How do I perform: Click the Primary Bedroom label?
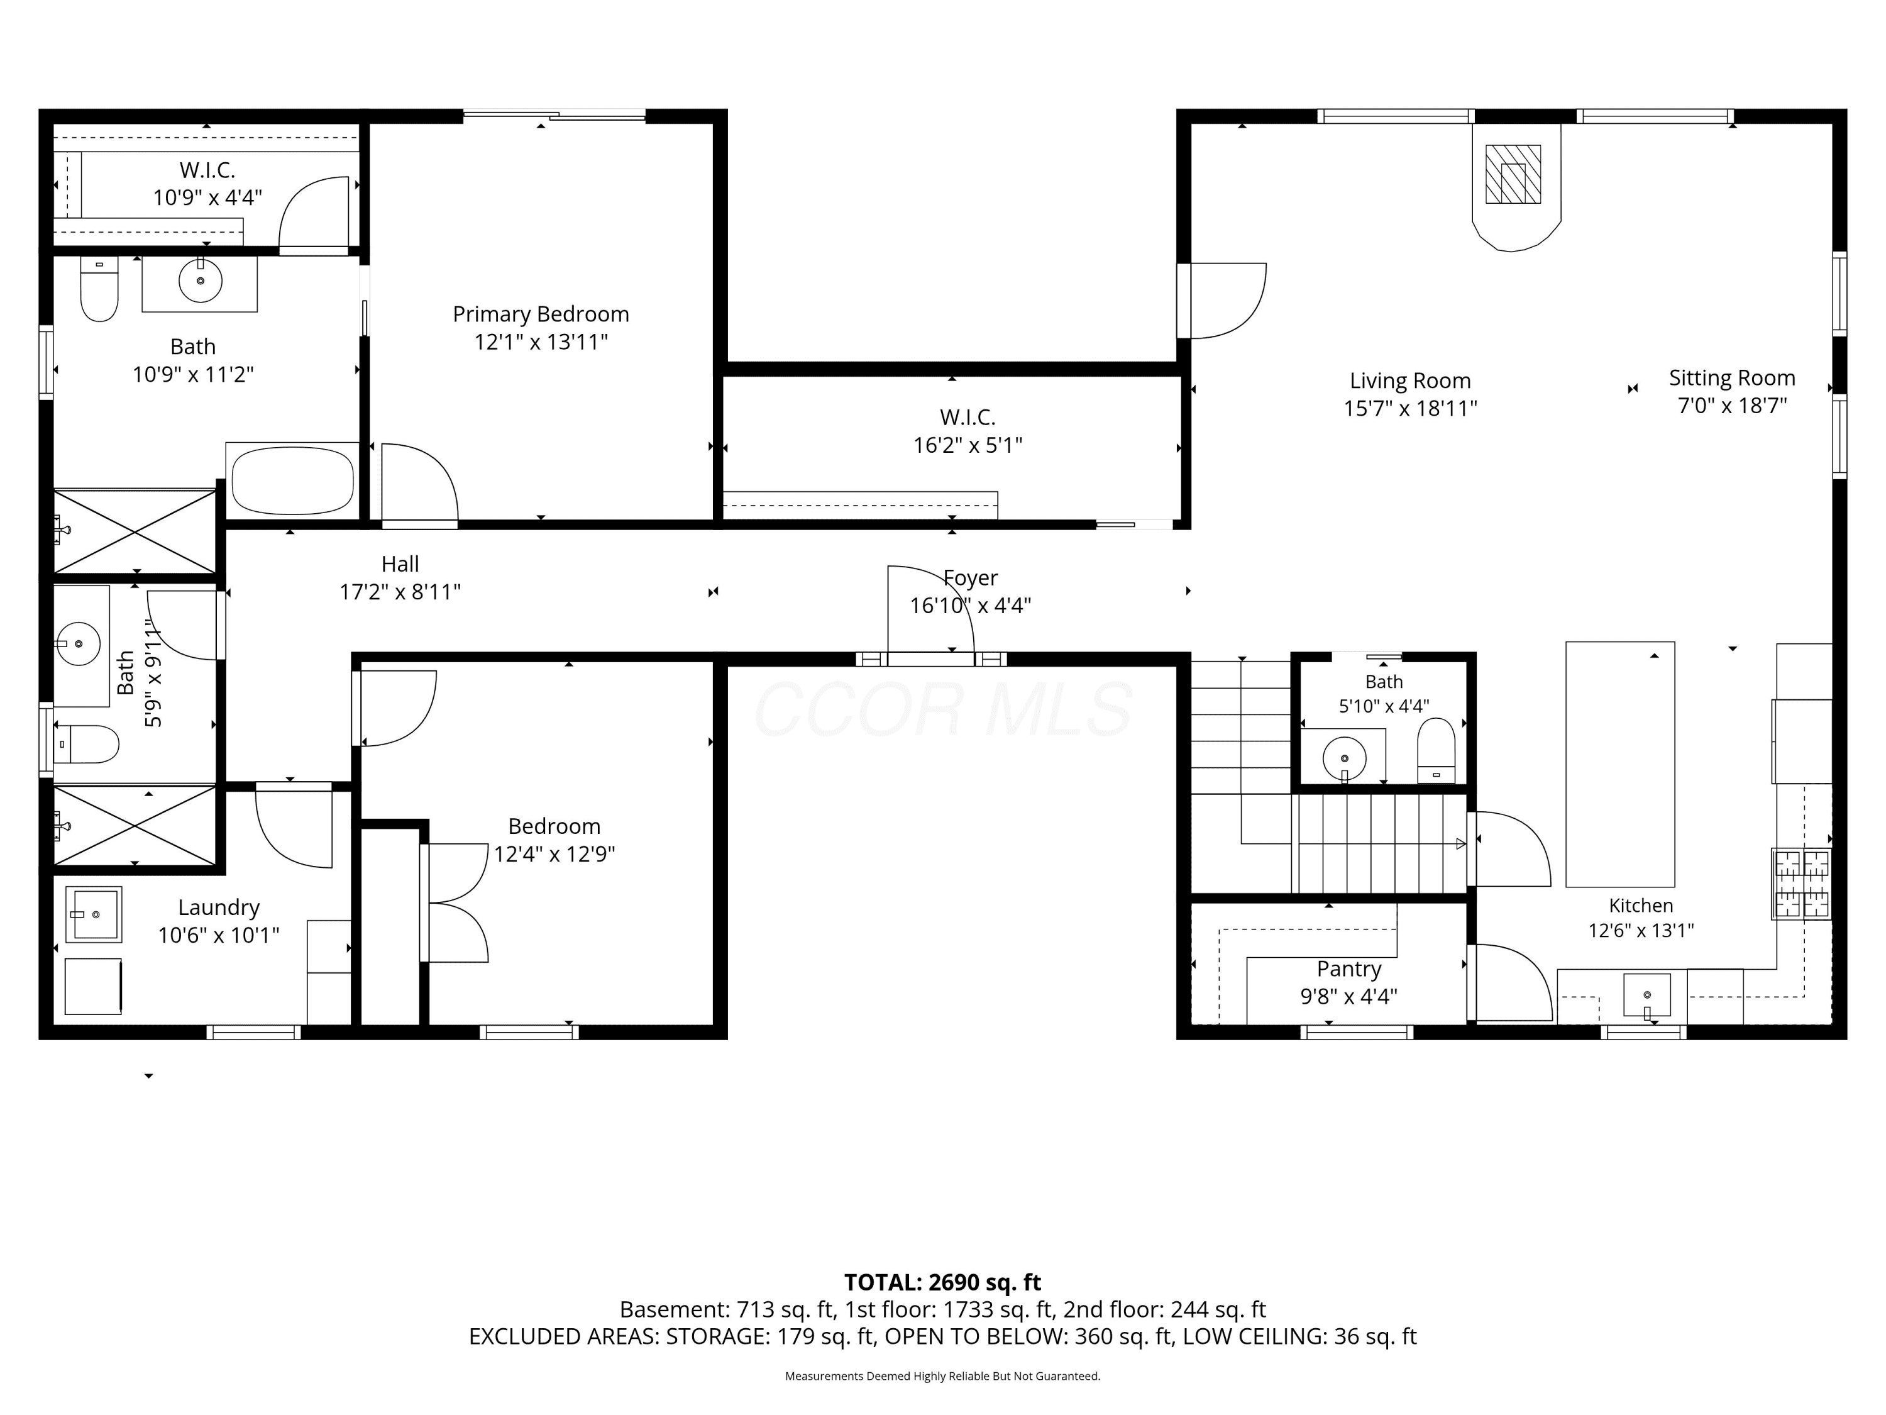(x=541, y=314)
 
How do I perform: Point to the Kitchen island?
(x=1620, y=764)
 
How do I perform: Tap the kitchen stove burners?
(x=1801, y=884)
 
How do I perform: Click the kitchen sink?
(x=1646, y=996)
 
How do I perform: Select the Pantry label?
(x=1349, y=969)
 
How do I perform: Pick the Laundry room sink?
(x=94, y=914)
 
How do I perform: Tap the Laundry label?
(x=218, y=907)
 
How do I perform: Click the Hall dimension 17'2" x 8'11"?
(x=400, y=592)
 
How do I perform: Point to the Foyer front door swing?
(x=930, y=609)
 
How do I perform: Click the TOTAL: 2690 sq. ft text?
(x=942, y=1282)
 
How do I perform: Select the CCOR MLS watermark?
(x=943, y=709)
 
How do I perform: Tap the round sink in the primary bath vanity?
(x=201, y=280)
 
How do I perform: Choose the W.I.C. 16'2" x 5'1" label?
(x=968, y=431)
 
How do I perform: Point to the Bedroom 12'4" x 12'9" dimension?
(x=554, y=854)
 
